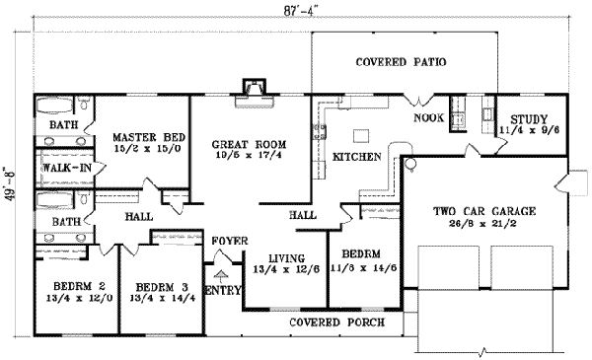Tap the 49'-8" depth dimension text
[x=10, y=180]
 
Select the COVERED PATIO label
[x=401, y=62]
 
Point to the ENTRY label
[x=222, y=288]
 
